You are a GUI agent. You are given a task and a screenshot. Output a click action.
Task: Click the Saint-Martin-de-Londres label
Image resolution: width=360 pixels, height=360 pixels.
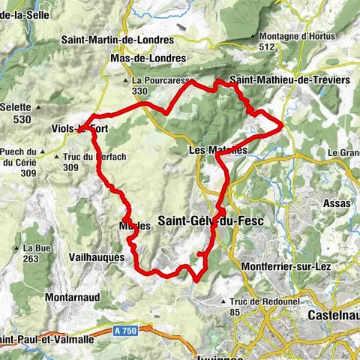click(118, 40)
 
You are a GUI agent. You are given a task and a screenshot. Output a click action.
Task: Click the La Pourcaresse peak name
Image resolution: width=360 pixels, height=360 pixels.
click(163, 80)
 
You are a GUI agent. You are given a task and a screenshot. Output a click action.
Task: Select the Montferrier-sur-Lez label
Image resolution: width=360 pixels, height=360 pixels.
click(287, 267)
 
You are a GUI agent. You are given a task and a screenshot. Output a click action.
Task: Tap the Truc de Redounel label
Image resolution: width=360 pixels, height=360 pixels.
click(259, 301)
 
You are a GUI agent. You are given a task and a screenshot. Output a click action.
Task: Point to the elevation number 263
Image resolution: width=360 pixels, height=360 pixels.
click(30, 259)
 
